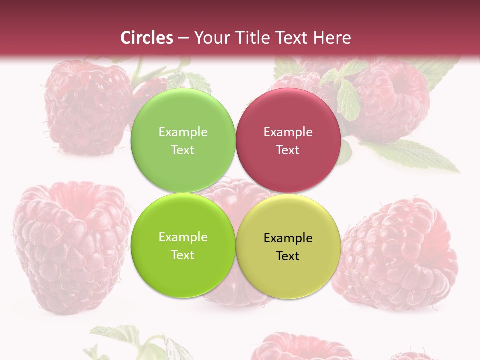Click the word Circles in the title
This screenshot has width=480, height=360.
pyautogui.click(x=147, y=38)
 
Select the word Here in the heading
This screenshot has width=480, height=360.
pyautogui.click(x=332, y=38)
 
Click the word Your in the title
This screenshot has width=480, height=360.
pyautogui.click(x=210, y=38)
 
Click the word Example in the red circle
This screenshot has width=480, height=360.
pyautogui.click(x=288, y=132)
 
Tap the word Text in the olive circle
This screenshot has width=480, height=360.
pyautogui.click(x=288, y=256)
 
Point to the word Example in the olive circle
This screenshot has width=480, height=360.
pyautogui.click(x=288, y=238)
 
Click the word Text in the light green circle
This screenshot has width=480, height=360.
pyautogui.click(x=183, y=150)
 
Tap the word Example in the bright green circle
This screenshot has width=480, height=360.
pyautogui.click(x=183, y=237)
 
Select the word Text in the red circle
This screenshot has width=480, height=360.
pyautogui.click(x=288, y=150)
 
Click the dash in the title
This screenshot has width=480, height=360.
pyautogui.click(x=183, y=38)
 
